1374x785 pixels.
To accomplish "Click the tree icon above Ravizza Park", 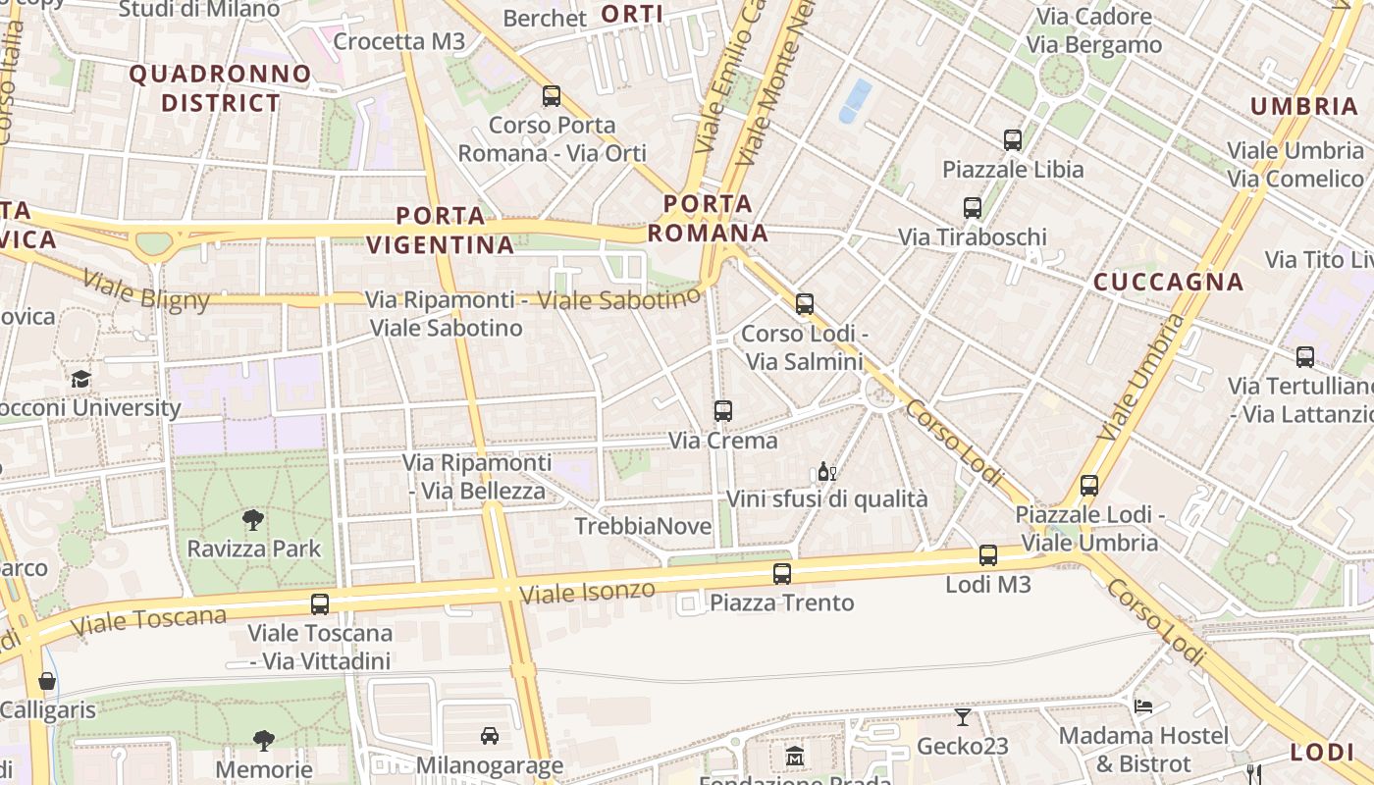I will click(x=253, y=520).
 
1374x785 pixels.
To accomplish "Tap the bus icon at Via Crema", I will click(x=723, y=411).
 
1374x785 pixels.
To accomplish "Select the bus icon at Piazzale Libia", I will click(x=1013, y=140).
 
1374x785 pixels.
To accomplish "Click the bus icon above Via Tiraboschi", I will click(x=973, y=208).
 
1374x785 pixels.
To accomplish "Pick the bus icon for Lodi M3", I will click(x=988, y=555).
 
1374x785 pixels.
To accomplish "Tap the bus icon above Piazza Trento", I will click(x=782, y=574).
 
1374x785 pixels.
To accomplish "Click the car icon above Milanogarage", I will click(x=489, y=735).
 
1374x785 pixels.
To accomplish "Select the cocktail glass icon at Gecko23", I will click(x=962, y=717).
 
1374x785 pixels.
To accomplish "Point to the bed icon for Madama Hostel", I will click(x=1143, y=706).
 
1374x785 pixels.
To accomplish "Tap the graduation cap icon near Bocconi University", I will click(x=80, y=379).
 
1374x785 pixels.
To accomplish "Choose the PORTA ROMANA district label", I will click(x=708, y=218).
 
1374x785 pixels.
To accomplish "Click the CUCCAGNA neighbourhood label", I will click(x=1168, y=283).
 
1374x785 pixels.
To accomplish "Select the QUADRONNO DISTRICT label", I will click(x=220, y=88).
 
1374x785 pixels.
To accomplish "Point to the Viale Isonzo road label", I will click(x=587, y=592).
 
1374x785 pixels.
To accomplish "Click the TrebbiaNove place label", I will click(x=643, y=526).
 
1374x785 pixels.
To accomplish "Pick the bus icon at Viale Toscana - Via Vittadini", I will click(x=320, y=604).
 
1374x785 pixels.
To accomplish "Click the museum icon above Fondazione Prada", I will click(x=794, y=757).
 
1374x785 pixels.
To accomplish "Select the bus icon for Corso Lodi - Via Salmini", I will click(x=805, y=304).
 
